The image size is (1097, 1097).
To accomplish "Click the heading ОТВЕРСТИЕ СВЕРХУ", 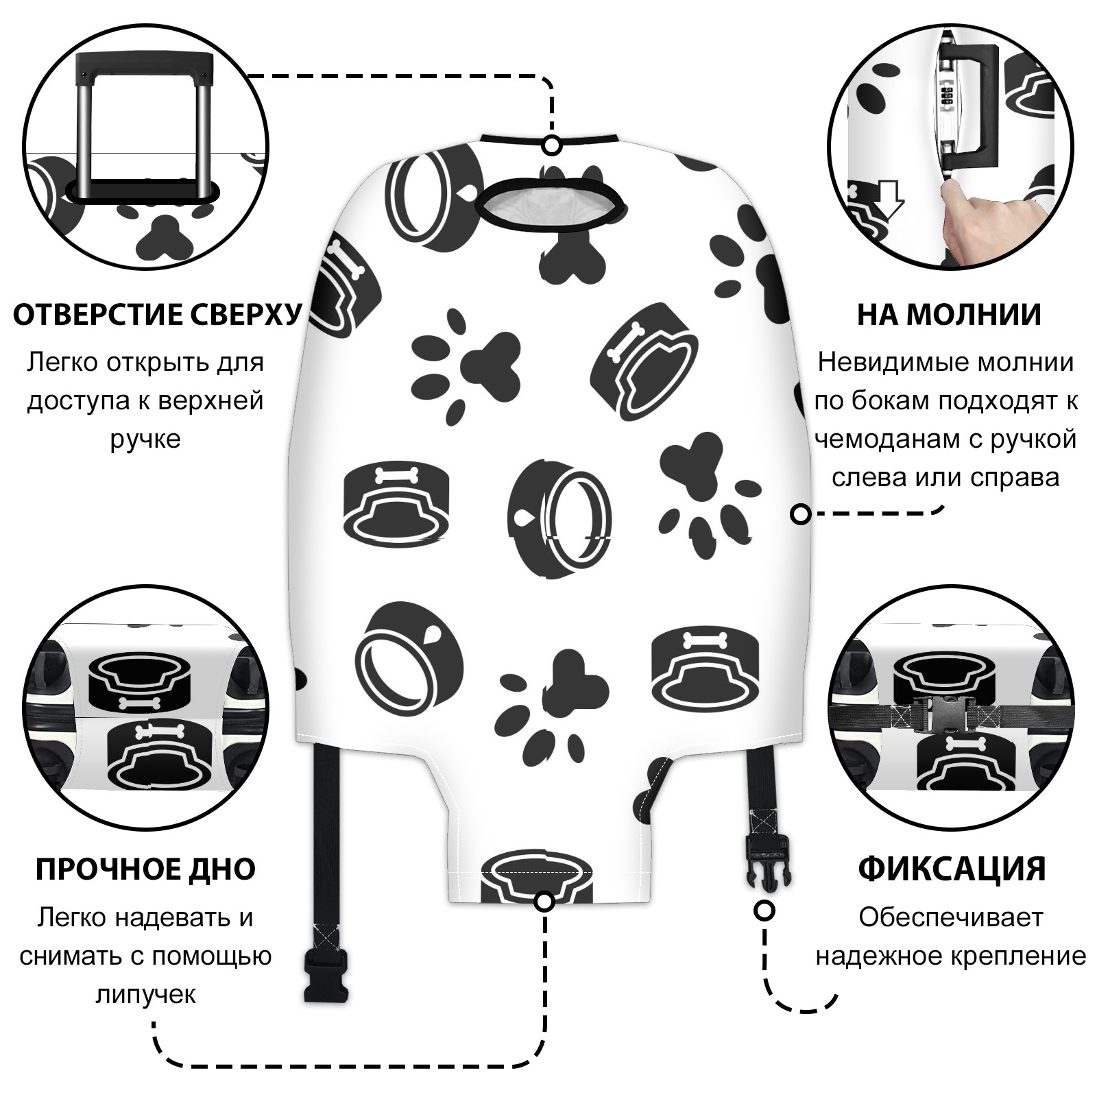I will click(x=157, y=315).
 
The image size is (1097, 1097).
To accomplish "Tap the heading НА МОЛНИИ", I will click(x=949, y=315).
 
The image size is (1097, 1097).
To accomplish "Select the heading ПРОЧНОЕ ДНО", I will click(x=145, y=869).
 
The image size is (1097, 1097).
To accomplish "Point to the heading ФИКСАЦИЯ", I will click(x=952, y=869).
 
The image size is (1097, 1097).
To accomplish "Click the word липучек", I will click(x=145, y=994).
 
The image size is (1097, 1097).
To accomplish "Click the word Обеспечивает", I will click(x=950, y=917).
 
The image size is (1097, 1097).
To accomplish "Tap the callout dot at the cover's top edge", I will click(x=552, y=145).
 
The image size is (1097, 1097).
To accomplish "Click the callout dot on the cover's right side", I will click(x=801, y=514).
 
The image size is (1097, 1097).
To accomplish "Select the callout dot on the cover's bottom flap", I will click(x=544, y=902).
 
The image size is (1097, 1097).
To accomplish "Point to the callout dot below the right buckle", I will click(x=764, y=911).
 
